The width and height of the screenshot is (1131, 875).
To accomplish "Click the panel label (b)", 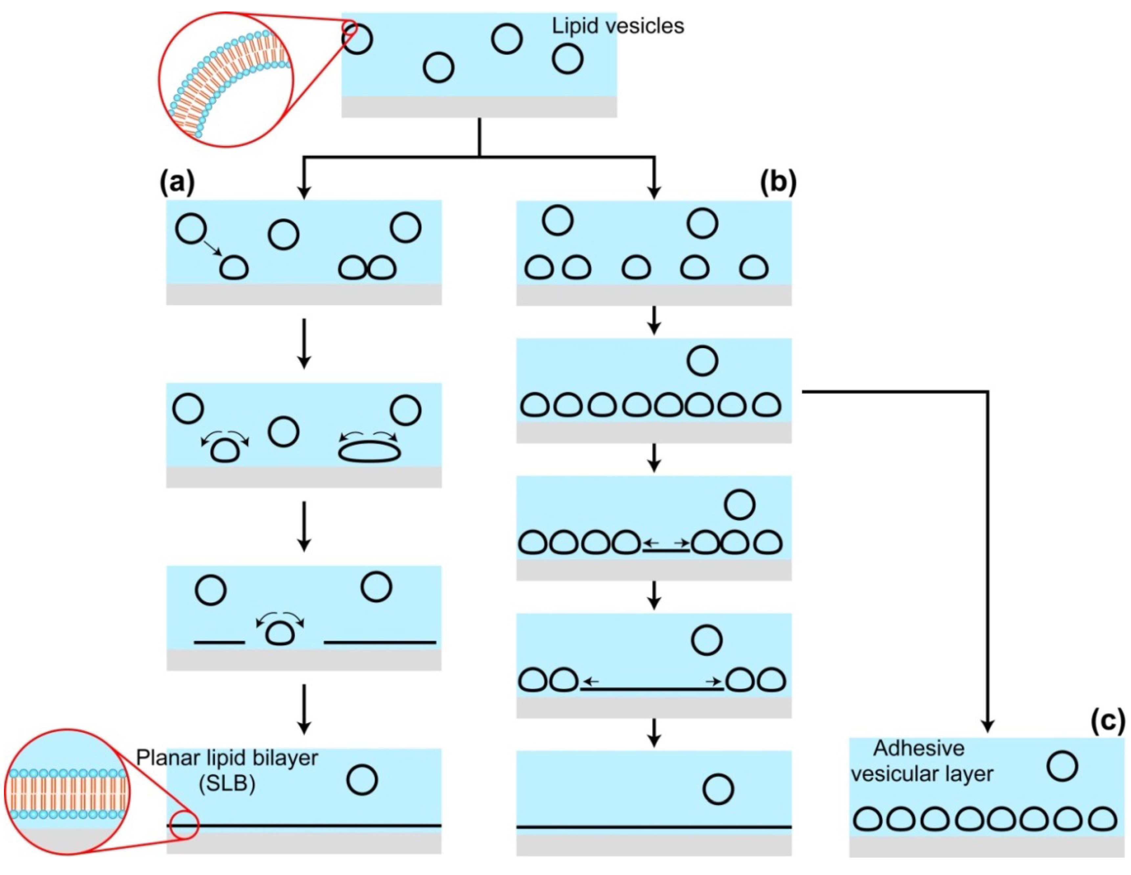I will point(778,183).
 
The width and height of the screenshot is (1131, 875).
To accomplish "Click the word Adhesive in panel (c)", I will point(919,748).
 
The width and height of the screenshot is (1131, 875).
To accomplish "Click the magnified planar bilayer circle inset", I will point(67,792).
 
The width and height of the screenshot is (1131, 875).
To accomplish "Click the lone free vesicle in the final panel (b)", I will point(718,789).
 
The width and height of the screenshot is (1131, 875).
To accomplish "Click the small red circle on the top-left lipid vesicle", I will point(350,27).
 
